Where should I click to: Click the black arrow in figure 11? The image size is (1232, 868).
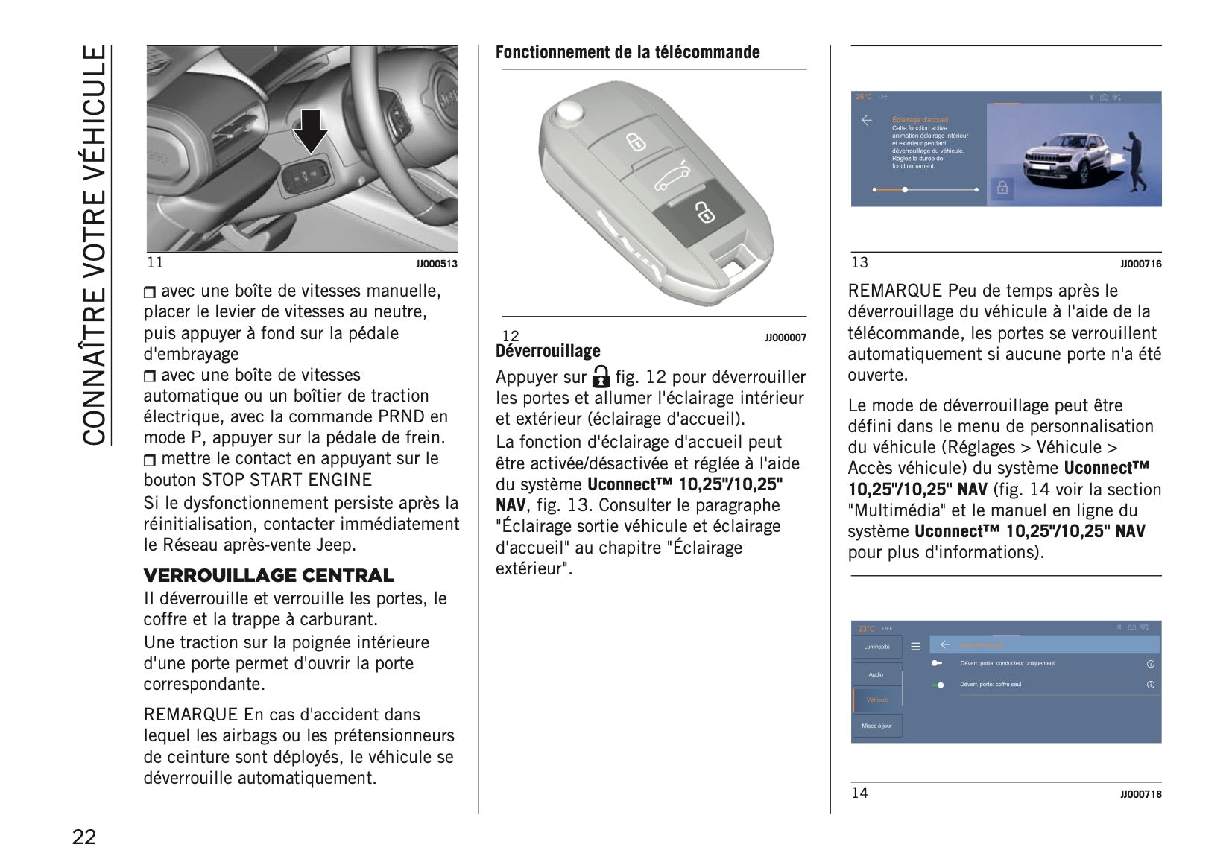(x=310, y=131)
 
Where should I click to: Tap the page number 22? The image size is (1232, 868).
(x=84, y=837)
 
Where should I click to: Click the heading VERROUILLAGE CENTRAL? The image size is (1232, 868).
(x=268, y=576)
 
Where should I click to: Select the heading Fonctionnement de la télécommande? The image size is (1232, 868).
(x=628, y=52)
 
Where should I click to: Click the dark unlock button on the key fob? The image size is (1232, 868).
(x=698, y=213)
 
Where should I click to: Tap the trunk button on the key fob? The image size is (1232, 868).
(x=669, y=177)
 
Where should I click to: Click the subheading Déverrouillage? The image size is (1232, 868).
(x=548, y=351)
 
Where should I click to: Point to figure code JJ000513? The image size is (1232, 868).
(x=437, y=264)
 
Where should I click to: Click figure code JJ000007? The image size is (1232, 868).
(x=786, y=338)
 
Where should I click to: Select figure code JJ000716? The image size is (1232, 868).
(x=1140, y=264)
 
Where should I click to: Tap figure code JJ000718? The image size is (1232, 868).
(x=1140, y=795)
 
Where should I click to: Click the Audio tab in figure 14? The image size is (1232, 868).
(x=876, y=674)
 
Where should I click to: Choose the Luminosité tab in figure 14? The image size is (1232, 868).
(x=876, y=647)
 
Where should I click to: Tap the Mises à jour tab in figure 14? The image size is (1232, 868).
(x=876, y=726)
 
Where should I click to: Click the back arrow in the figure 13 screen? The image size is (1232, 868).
(x=867, y=121)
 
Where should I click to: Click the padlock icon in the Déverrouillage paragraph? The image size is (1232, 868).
(x=601, y=376)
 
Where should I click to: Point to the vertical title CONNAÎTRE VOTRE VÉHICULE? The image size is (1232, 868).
(x=95, y=246)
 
